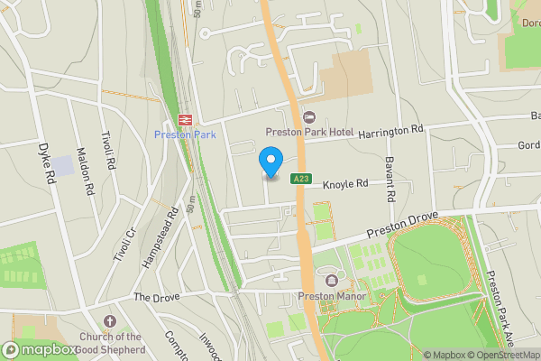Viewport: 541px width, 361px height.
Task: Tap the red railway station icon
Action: [x=182, y=119]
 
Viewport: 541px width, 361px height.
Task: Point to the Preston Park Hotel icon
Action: [x=309, y=117]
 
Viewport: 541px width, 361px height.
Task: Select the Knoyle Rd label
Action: [x=345, y=183]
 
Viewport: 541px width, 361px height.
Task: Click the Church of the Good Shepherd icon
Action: [x=110, y=321]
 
